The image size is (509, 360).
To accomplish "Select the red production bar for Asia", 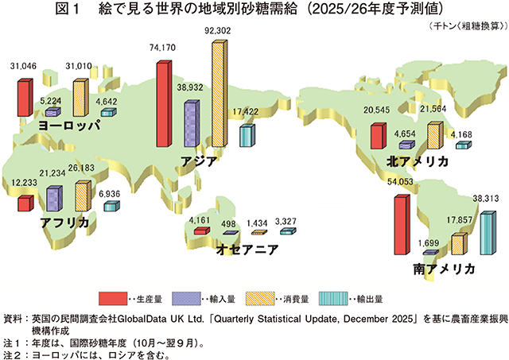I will tap(163, 104).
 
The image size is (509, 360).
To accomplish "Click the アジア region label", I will tap(200, 160).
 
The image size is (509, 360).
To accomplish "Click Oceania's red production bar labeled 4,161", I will tap(201, 230).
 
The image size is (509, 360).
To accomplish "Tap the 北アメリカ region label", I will tap(417, 161).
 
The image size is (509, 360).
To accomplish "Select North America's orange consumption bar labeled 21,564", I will tap(434, 136).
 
